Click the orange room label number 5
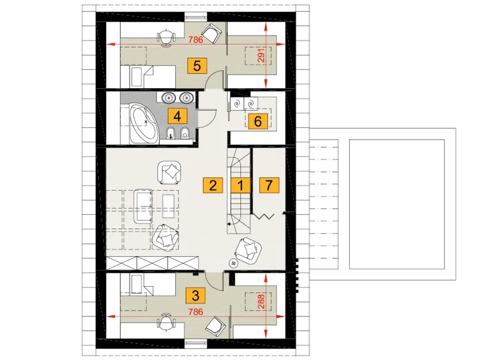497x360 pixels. click(197, 66)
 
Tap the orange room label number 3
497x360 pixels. click(195, 296)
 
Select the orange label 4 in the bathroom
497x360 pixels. click(177, 116)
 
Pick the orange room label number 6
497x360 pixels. click(258, 121)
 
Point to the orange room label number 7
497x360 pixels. click(269, 185)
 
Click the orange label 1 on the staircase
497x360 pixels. click(240, 185)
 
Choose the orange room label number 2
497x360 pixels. click(213, 185)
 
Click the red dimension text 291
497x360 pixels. click(261, 55)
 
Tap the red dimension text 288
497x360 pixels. click(261, 301)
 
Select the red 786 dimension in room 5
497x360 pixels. click(196, 40)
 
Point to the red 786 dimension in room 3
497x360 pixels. click(196, 312)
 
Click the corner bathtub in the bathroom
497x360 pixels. click(144, 123)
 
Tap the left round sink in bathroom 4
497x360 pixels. click(169, 98)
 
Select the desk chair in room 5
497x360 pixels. click(166, 38)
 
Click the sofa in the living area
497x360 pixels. click(143, 206)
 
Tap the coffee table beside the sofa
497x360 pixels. click(169, 206)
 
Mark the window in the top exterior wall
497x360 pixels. click(196, 17)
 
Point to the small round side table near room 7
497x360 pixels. click(233, 263)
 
